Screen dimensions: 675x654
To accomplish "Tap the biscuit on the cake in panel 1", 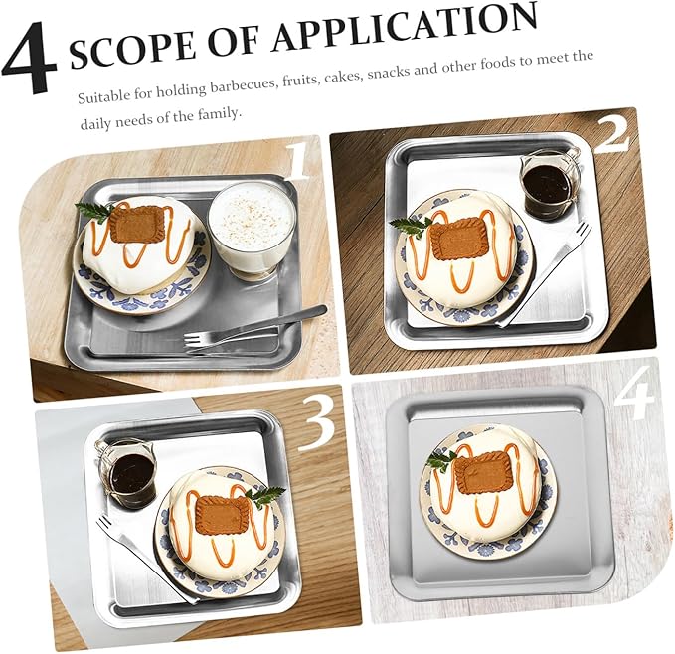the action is pos(136,225).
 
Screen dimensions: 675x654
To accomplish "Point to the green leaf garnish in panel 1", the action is pos(95,210).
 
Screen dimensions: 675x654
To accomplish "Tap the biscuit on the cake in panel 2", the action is pos(456,239).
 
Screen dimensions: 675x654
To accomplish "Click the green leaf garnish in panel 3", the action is pos(265,496).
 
